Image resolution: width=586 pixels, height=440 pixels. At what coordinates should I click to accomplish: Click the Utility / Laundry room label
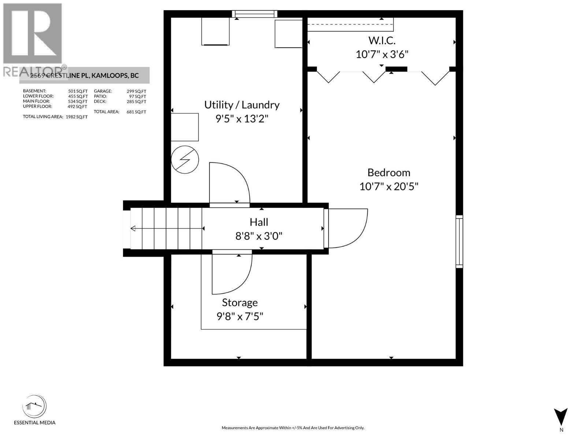pos(242,105)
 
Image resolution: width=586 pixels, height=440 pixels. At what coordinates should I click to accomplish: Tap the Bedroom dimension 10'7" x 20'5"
pos(389,186)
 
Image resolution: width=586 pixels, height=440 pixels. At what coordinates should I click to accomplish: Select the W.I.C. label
pos(382,40)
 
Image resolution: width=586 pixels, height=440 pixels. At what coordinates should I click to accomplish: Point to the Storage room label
pos(240,302)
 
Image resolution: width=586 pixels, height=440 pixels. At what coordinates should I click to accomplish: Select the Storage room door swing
pos(231,274)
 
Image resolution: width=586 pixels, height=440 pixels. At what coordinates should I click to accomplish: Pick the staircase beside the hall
pos(167,228)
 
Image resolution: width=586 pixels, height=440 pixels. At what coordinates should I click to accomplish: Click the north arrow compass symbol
pos(561,417)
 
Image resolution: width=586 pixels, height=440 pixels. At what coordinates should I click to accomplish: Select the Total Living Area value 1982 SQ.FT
pos(77,117)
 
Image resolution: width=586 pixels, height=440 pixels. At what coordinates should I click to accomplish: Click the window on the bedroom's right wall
pos(459,242)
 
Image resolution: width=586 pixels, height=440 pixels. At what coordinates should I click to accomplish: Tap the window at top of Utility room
pos(255,14)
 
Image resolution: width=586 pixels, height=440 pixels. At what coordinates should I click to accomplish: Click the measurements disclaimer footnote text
pos(293,428)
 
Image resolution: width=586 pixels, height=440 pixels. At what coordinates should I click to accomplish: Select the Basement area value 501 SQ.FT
pos(78,91)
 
